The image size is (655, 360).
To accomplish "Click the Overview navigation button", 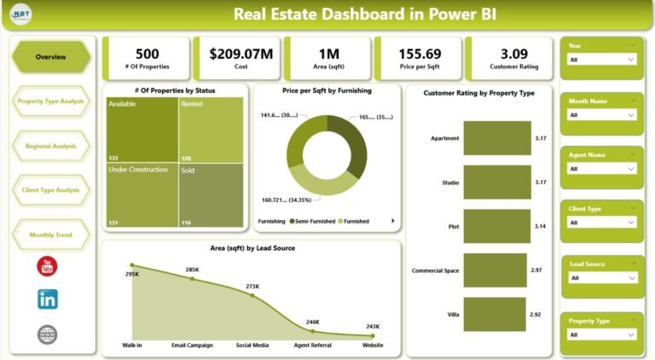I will point(50,56).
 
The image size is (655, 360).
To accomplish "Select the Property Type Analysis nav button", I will point(50,101).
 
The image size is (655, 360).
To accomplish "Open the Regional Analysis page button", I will point(50,146).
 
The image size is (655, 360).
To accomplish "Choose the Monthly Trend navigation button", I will point(50,235).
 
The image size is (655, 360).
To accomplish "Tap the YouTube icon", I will point(48,267).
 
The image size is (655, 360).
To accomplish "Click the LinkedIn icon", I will point(48,299).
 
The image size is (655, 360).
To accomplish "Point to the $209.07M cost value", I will point(241,54).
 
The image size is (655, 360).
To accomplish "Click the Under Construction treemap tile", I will point(141,195).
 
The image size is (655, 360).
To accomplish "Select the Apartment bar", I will point(497,137).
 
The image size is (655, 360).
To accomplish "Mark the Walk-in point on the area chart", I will point(131,265).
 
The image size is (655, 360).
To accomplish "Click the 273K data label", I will point(252,286).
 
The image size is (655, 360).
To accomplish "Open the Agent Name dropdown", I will point(602,169).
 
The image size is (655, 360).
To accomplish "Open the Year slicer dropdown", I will point(602,60).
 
